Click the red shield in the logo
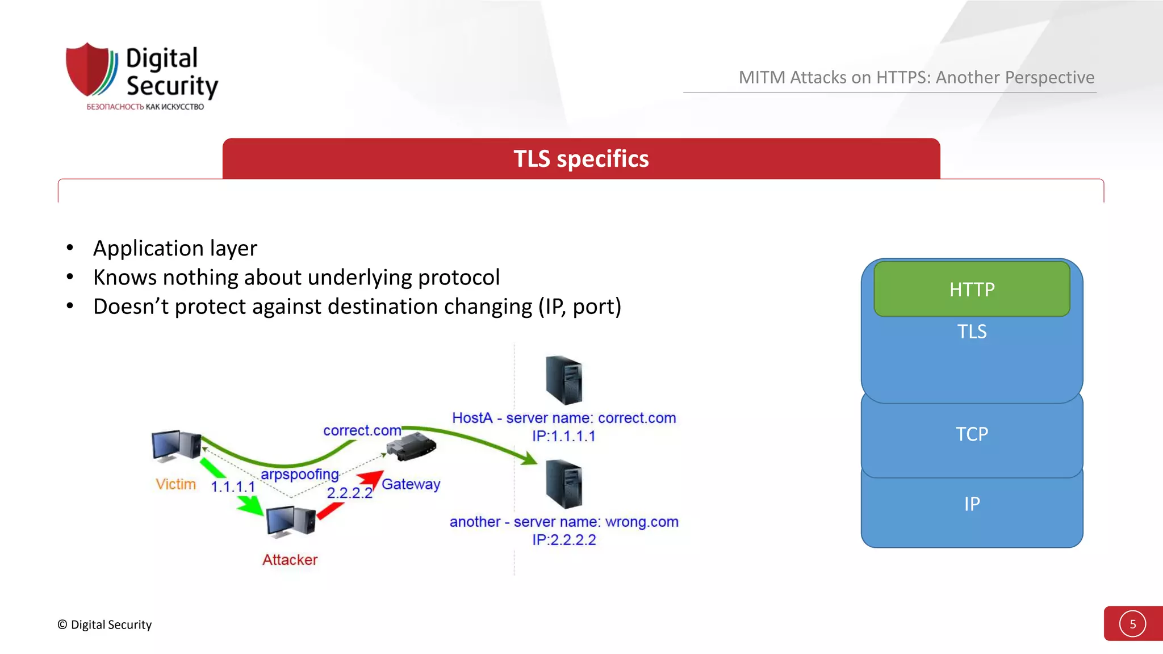click(x=88, y=69)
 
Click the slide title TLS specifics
click(x=581, y=159)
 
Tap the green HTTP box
click(x=972, y=290)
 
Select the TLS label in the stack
click(x=972, y=332)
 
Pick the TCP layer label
click(x=972, y=434)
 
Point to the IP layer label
click(x=972, y=504)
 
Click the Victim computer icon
click(x=176, y=446)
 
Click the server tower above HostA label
click(x=563, y=379)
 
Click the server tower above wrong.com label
click(x=563, y=484)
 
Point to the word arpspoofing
click(x=299, y=474)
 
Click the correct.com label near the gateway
click(x=362, y=431)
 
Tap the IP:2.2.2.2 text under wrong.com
click(x=564, y=540)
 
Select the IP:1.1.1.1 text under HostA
click(x=564, y=436)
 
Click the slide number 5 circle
click(x=1132, y=624)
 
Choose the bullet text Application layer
click(x=175, y=249)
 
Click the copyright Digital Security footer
click(x=104, y=624)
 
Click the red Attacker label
click(x=290, y=560)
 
